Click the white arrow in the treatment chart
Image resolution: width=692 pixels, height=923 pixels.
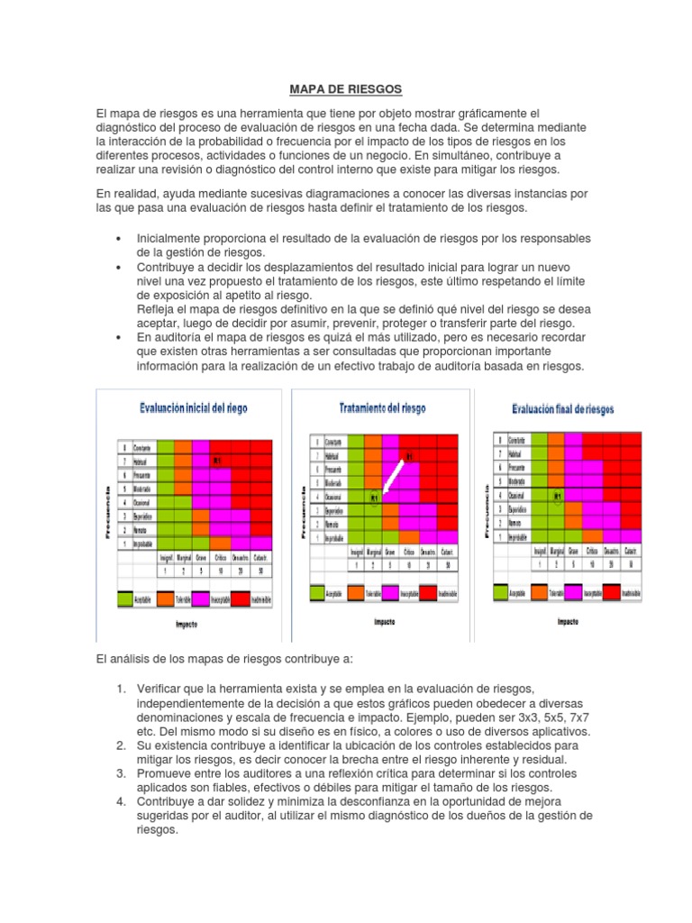[x=393, y=476]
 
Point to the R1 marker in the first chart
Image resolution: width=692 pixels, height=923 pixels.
[x=217, y=461]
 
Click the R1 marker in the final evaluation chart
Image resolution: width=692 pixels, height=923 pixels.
[x=557, y=496]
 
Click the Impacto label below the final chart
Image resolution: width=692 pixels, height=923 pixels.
[x=568, y=621]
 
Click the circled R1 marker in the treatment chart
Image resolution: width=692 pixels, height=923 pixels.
[x=374, y=497]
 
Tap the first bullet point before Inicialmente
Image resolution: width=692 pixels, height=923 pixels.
[x=119, y=238]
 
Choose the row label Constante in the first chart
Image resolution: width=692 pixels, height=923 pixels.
[x=141, y=447]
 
